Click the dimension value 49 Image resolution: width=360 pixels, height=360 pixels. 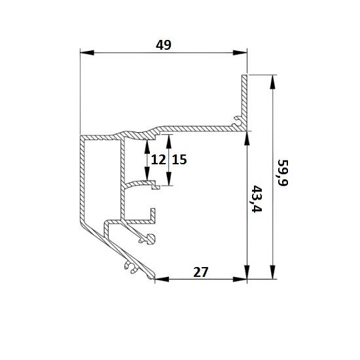click(x=164, y=45)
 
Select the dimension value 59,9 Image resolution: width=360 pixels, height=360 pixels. click(x=282, y=173)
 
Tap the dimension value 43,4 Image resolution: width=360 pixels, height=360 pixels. click(x=257, y=199)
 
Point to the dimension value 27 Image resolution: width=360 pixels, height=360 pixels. click(x=201, y=272)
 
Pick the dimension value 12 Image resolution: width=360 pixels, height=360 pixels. click(x=158, y=160)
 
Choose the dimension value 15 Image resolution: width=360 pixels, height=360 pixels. click(x=179, y=160)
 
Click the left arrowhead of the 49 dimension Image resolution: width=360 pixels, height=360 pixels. click(x=87, y=52)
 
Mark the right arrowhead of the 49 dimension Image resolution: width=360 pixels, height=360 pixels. click(x=240, y=52)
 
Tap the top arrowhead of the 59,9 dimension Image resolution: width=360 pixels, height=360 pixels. click(x=272, y=82)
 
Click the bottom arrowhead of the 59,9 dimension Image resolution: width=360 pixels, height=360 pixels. click(x=272, y=272)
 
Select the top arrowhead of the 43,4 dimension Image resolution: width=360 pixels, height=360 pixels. click(x=247, y=138)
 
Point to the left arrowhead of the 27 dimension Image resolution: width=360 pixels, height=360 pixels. click(x=162, y=279)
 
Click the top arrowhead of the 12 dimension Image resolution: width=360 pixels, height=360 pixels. click(x=147, y=147)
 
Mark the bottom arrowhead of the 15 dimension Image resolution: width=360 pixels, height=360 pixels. click(x=169, y=179)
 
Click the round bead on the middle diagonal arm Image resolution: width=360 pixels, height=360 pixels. click(x=151, y=239)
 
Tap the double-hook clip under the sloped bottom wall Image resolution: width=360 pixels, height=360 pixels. click(x=132, y=267)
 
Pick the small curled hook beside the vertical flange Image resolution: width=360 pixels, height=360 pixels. click(x=236, y=121)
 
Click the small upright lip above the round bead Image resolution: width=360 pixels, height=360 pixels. click(x=153, y=214)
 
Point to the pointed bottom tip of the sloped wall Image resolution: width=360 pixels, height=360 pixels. click(x=153, y=278)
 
